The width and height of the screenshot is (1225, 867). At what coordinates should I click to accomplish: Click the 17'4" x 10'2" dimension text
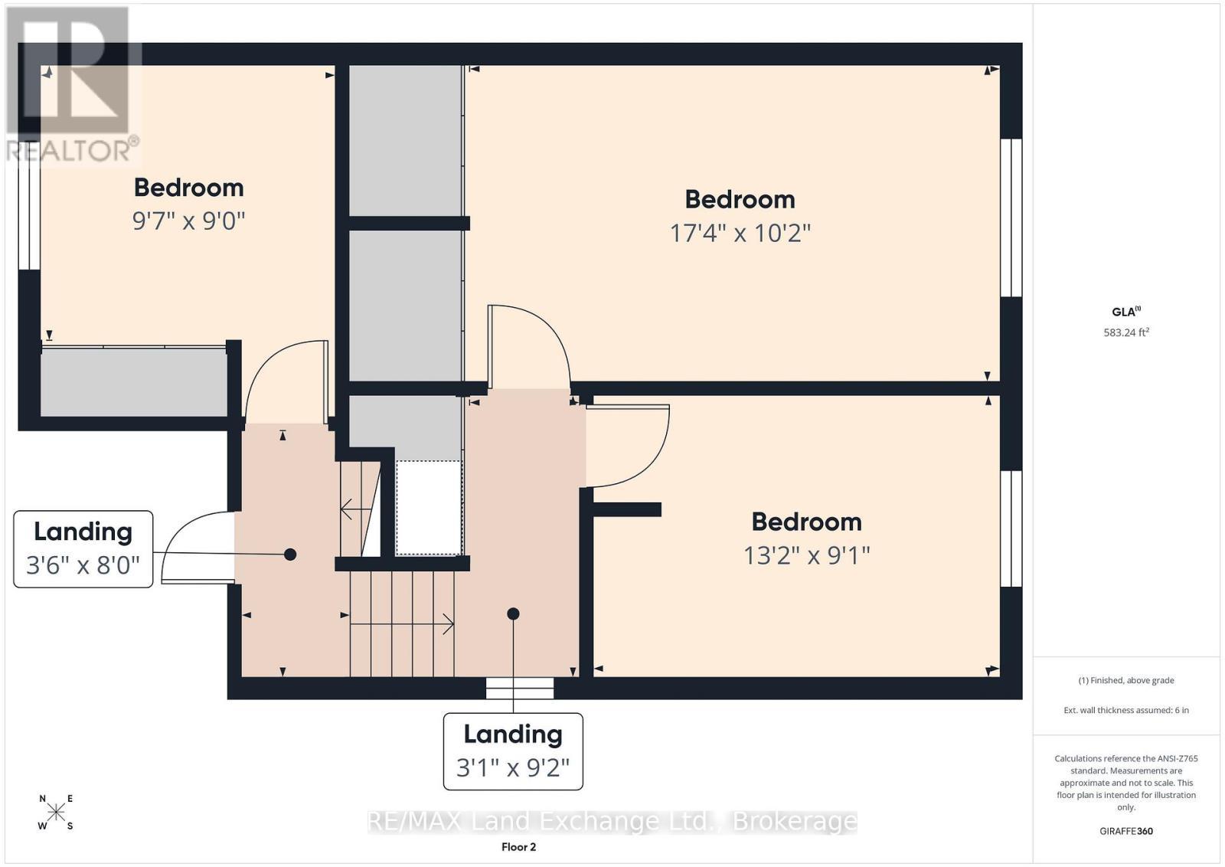point(740,234)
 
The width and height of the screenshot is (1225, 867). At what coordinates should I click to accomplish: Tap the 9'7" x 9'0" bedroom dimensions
point(188,221)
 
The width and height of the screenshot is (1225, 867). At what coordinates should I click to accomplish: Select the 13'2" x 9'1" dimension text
point(807,556)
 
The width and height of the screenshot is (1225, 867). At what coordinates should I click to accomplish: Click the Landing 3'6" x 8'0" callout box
point(83,549)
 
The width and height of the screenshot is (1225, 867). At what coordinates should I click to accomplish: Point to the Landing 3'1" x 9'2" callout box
point(513,751)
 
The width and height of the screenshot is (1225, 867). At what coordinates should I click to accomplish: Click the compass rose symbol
point(57,813)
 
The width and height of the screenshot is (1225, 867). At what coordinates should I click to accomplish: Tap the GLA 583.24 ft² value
point(1126,332)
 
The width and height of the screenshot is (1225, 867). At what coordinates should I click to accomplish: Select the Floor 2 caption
point(518,847)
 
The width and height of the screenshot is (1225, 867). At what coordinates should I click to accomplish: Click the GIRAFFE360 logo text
point(1126,831)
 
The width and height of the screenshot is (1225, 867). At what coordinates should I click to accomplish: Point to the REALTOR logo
point(73,85)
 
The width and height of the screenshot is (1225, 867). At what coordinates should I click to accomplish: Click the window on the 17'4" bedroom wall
point(1011,218)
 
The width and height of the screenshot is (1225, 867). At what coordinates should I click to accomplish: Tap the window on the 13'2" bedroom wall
point(1011,528)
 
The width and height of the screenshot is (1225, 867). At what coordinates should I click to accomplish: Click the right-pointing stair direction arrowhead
point(449,623)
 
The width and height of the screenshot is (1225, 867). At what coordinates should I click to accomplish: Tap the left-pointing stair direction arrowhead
point(346,510)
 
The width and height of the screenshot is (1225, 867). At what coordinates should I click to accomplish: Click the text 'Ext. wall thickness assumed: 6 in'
point(1126,710)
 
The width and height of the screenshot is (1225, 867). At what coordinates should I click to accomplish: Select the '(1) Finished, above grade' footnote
point(1126,680)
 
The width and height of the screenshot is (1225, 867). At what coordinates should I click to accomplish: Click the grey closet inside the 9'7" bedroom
point(134,382)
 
